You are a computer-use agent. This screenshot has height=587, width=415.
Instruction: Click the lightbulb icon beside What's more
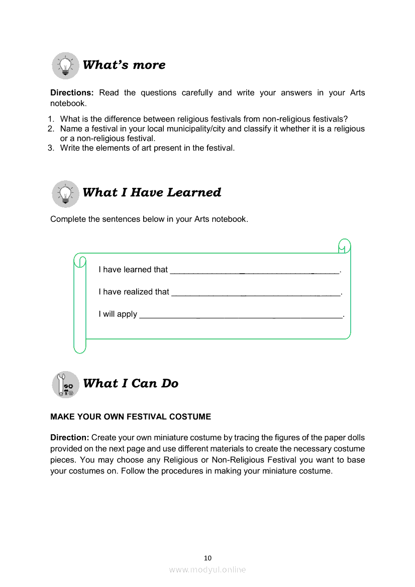65,65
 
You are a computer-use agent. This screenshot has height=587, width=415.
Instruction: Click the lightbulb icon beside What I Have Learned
65,193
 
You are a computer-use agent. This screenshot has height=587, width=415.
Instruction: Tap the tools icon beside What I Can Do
65,385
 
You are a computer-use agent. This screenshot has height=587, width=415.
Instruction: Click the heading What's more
124,65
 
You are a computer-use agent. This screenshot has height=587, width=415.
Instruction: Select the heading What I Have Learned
151,192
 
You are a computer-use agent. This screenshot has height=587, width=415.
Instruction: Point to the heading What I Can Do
130,383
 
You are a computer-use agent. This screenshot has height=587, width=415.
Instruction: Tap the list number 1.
51,119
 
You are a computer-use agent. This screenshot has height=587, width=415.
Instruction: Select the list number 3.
51,148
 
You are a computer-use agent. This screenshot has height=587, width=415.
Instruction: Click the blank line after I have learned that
255,271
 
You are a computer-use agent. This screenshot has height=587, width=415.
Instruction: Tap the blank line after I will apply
240,315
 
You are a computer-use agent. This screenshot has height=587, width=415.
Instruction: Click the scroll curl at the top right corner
344,247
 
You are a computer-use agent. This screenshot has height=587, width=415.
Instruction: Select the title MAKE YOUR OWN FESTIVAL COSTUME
131,417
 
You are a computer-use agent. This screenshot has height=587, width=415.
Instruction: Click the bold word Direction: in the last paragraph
69,438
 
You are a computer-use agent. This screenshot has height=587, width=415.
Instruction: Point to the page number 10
207,558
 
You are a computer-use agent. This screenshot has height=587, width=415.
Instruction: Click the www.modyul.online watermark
207,569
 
